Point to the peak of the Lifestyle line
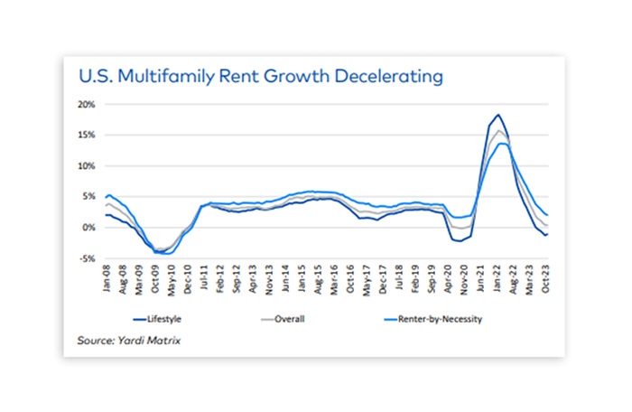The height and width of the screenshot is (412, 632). pyautogui.click(x=498, y=115)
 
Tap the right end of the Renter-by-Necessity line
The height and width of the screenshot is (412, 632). pyautogui.click(x=547, y=215)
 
